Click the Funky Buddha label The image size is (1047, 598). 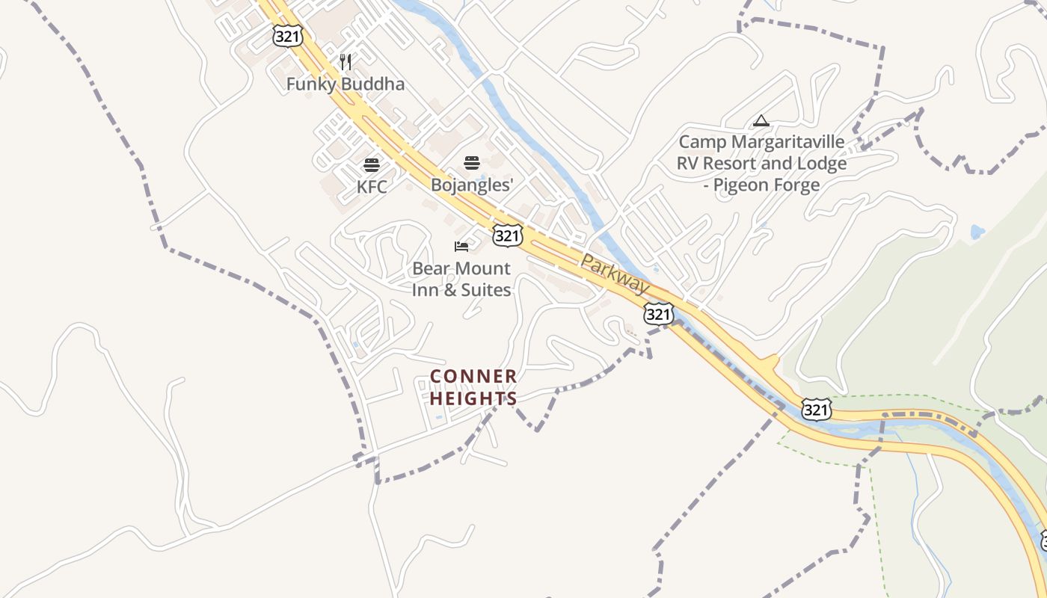(345, 84)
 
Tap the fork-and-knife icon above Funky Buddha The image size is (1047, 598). (346, 61)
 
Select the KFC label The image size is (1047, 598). (372, 186)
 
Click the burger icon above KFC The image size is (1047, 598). (372, 165)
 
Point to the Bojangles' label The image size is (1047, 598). (472, 185)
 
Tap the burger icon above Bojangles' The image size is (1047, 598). (471, 163)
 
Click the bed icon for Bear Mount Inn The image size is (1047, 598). (461, 247)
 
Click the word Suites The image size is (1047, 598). (486, 289)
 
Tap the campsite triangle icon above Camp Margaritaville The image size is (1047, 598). (761, 120)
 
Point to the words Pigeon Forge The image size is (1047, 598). (770, 185)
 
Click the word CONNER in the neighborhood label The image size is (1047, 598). (473, 376)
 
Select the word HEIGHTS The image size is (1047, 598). (473, 398)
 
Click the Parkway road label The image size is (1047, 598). (615, 274)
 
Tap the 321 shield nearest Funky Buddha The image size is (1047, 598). (288, 35)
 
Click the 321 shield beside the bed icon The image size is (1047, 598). (507, 236)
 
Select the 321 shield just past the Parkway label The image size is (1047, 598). (658, 314)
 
